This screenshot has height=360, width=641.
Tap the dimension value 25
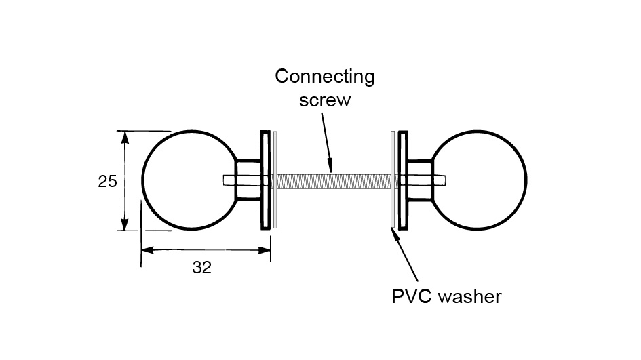pos(108,181)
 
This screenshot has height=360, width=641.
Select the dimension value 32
pos(201,267)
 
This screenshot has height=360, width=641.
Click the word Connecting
pos(324,76)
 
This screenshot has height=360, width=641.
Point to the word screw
pos(325,100)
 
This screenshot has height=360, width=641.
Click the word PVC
pos(411,296)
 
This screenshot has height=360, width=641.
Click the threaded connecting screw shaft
pos(332,180)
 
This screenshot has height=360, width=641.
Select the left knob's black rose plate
pos(265,180)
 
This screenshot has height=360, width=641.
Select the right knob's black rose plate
pos(403,180)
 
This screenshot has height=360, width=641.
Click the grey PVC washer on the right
pos(393,203)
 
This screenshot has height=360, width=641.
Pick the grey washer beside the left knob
pos(275,203)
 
